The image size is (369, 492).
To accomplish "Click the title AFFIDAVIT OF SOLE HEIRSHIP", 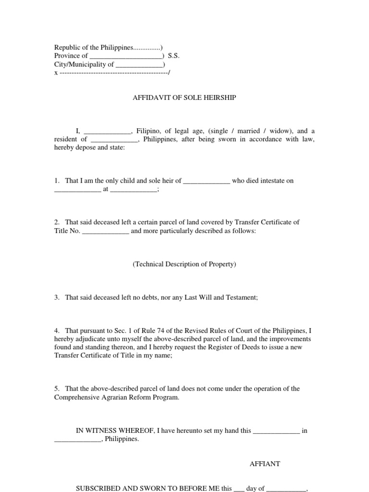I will (x=184, y=98).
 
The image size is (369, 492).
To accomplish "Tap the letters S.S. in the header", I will (x=173, y=56).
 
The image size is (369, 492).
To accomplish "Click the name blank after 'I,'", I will (x=107, y=131).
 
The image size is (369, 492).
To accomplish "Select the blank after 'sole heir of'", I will (x=207, y=181).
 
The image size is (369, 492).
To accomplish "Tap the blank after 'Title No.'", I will (x=106, y=231).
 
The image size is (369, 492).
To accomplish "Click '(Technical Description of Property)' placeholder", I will (x=184, y=264).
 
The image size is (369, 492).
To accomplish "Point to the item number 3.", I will (x=56, y=298).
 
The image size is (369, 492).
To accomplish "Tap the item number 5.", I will (x=56, y=389).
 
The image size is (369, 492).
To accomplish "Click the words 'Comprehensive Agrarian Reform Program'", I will (x=116, y=397).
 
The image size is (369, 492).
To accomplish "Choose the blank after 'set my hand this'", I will (x=276, y=431).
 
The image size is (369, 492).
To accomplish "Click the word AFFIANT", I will (x=265, y=464).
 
